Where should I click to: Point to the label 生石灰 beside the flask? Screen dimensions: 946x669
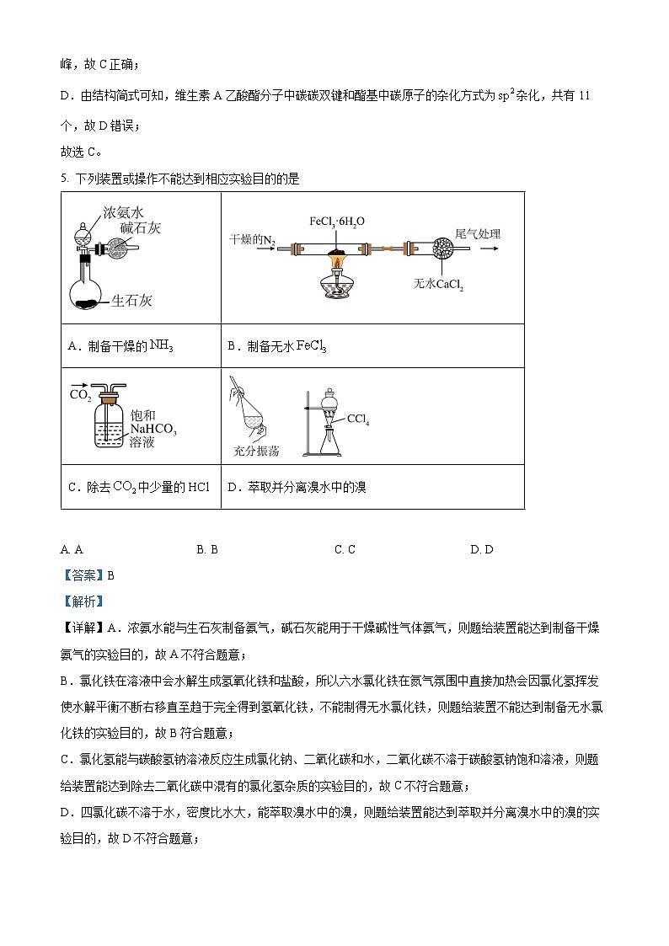(x=131, y=301)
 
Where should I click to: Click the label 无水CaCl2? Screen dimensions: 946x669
(x=439, y=285)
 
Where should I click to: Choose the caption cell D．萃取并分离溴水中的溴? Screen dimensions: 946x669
(x=297, y=487)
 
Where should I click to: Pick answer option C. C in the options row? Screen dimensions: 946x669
(x=345, y=550)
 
